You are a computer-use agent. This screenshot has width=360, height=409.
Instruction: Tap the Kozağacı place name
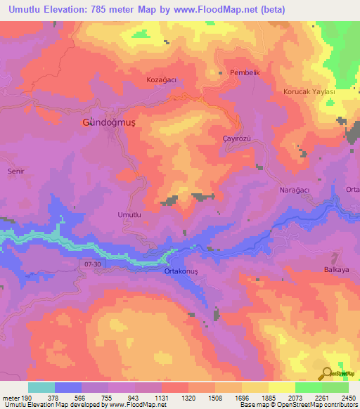click(160, 80)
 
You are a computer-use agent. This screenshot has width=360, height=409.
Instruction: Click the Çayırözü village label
click(236, 140)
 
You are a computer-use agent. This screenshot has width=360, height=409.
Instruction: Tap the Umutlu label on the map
click(129, 214)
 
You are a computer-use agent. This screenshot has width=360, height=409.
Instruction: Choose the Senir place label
click(15, 171)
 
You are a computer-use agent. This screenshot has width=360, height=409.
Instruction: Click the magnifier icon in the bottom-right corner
click(327, 372)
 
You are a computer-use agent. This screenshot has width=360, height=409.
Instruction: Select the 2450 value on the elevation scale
click(348, 398)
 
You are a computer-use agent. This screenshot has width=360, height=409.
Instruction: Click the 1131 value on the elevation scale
click(161, 398)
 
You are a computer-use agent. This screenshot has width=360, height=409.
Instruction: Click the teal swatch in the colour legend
click(41, 388)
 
